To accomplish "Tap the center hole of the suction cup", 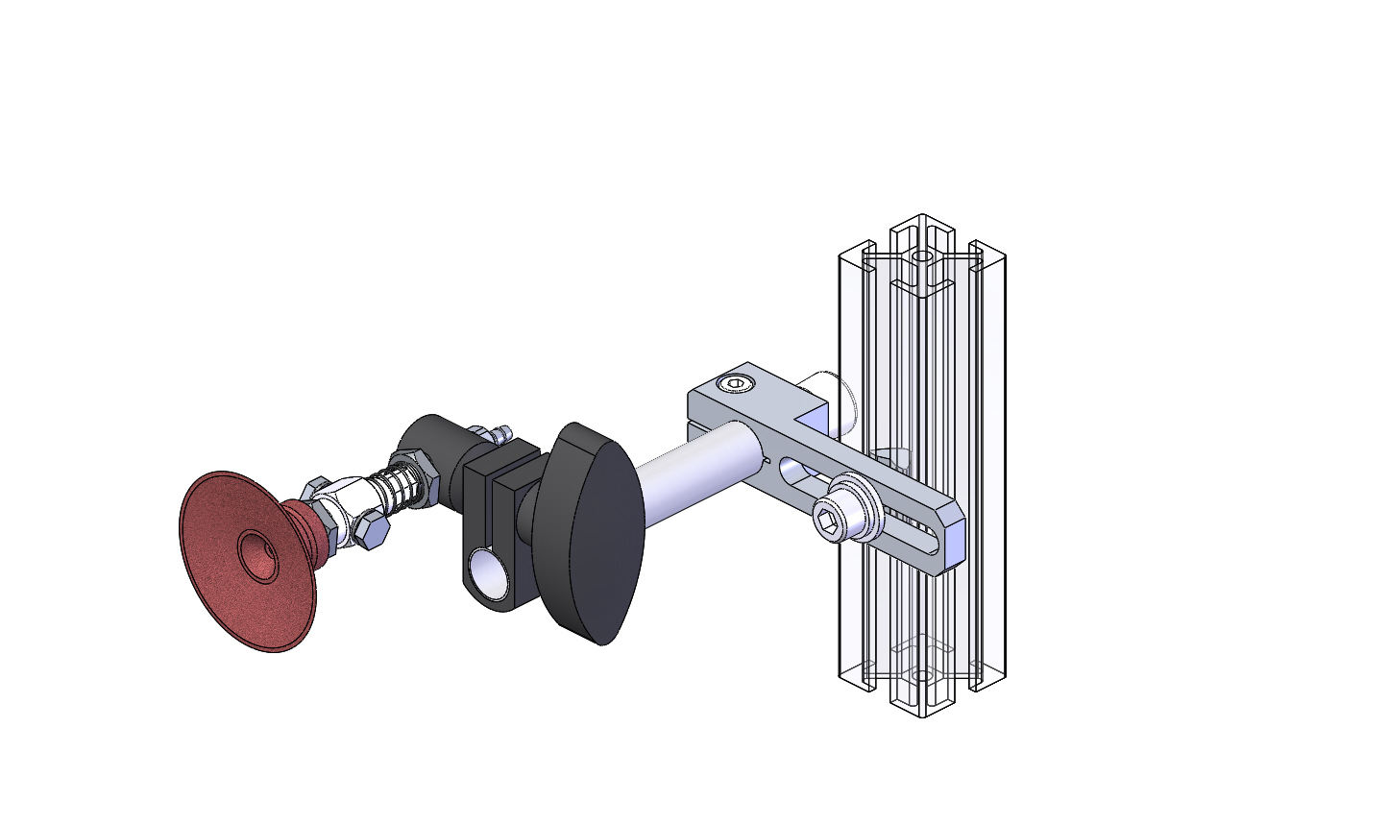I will [x=256, y=556].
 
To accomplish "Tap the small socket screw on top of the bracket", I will [x=736, y=385].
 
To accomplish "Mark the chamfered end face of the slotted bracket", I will [x=953, y=543].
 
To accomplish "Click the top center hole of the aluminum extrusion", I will [x=922, y=257].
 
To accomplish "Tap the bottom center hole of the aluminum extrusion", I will [x=922, y=676].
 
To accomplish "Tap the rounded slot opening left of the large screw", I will [x=791, y=471].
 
